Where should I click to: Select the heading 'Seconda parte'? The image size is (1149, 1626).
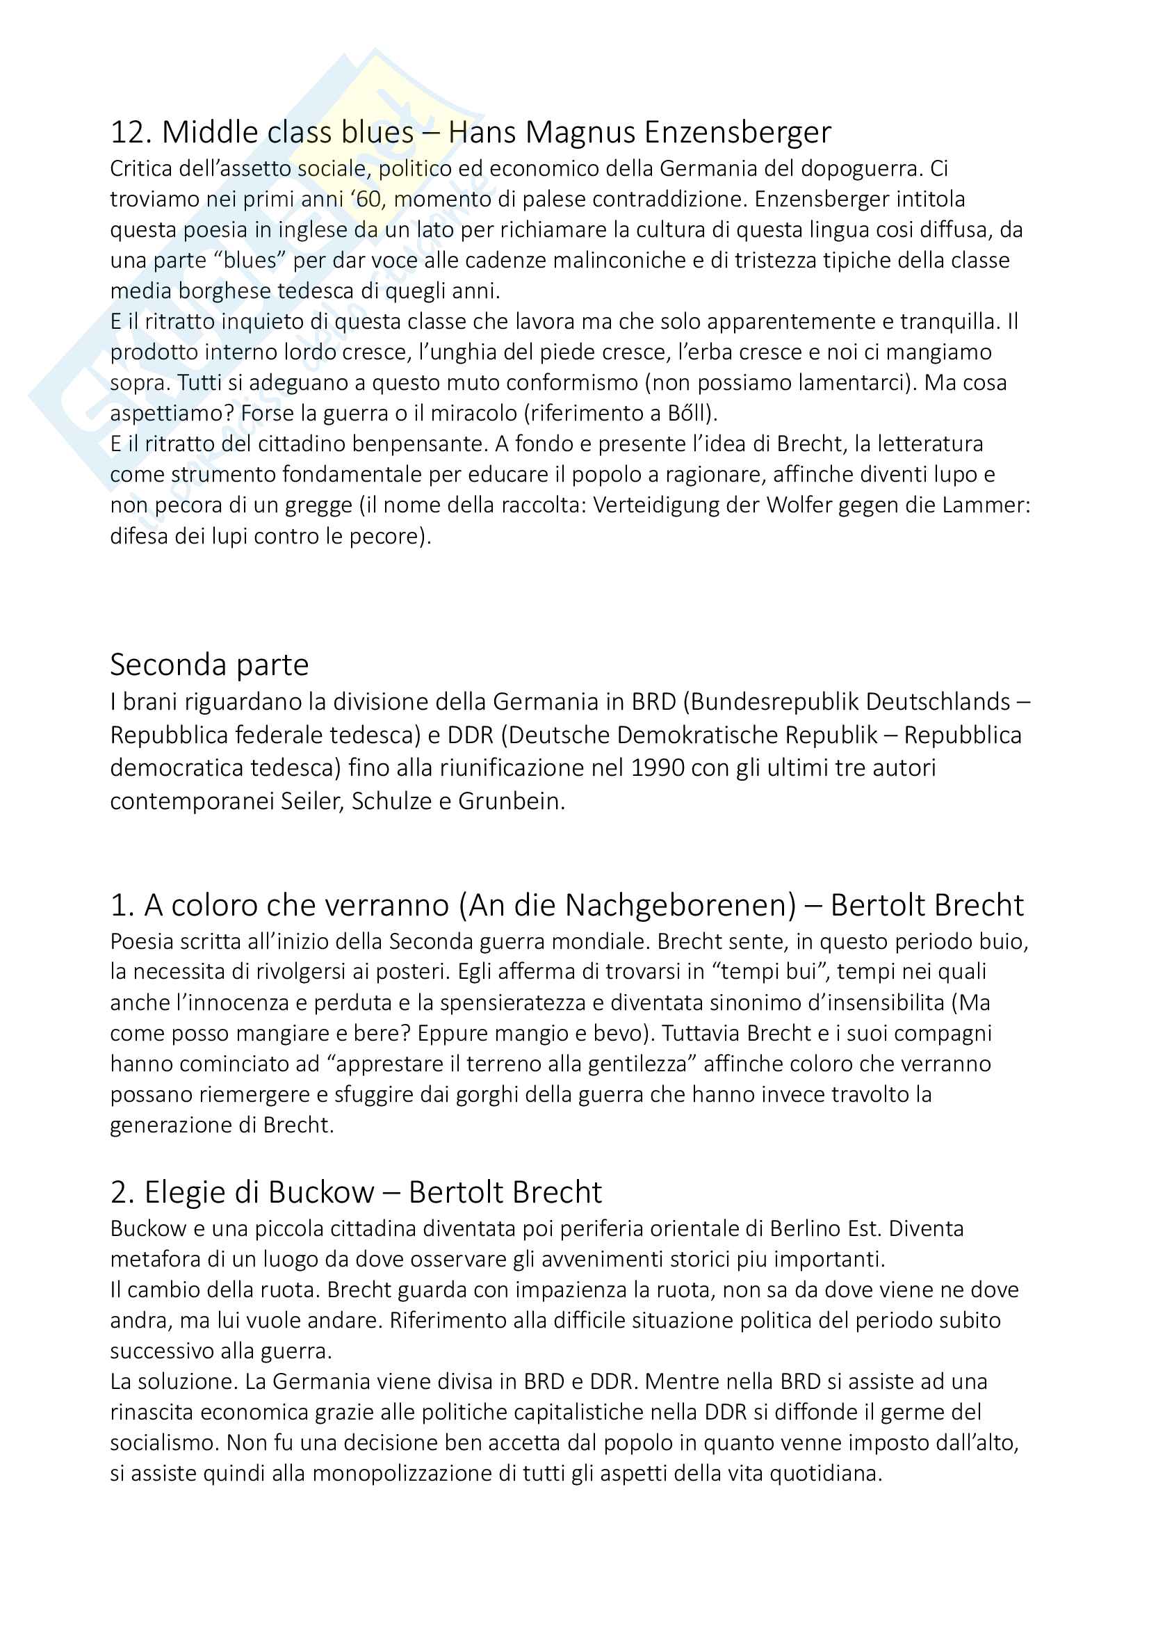pos(209,665)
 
